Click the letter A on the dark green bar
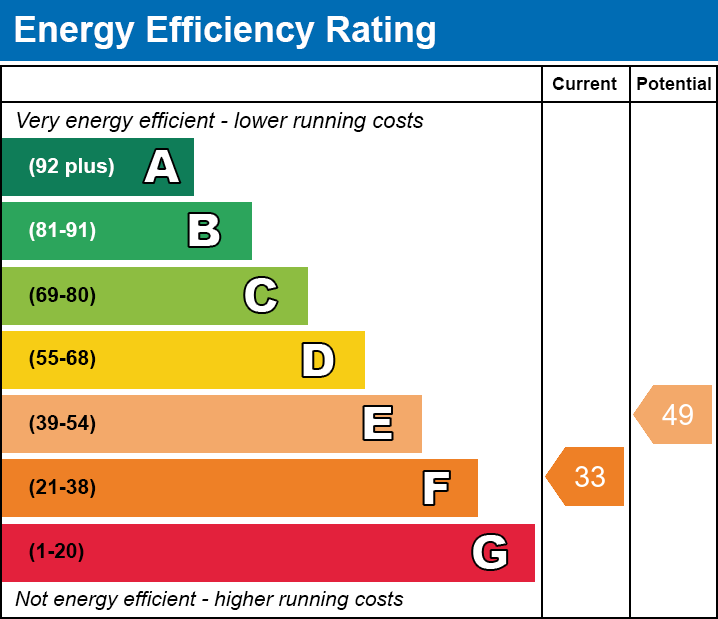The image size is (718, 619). (x=162, y=167)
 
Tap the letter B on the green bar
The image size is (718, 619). (x=204, y=231)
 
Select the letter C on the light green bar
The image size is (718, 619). (x=261, y=296)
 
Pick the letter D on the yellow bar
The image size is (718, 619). (x=318, y=360)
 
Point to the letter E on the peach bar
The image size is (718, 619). (x=377, y=424)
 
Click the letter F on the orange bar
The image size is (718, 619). (x=435, y=488)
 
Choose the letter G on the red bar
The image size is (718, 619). (x=490, y=552)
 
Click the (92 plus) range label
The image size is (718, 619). (x=71, y=167)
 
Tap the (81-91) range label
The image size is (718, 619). (x=62, y=231)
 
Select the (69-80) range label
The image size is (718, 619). (x=62, y=296)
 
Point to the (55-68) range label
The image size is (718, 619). (x=62, y=359)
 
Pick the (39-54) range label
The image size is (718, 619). (x=62, y=424)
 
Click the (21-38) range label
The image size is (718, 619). (x=62, y=488)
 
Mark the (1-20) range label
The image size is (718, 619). (x=57, y=552)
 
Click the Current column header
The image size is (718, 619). (x=585, y=85)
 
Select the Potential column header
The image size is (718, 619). (x=674, y=85)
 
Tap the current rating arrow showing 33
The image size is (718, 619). (x=587, y=477)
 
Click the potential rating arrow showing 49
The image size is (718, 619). (x=675, y=414)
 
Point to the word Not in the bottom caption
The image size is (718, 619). (x=33, y=600)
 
